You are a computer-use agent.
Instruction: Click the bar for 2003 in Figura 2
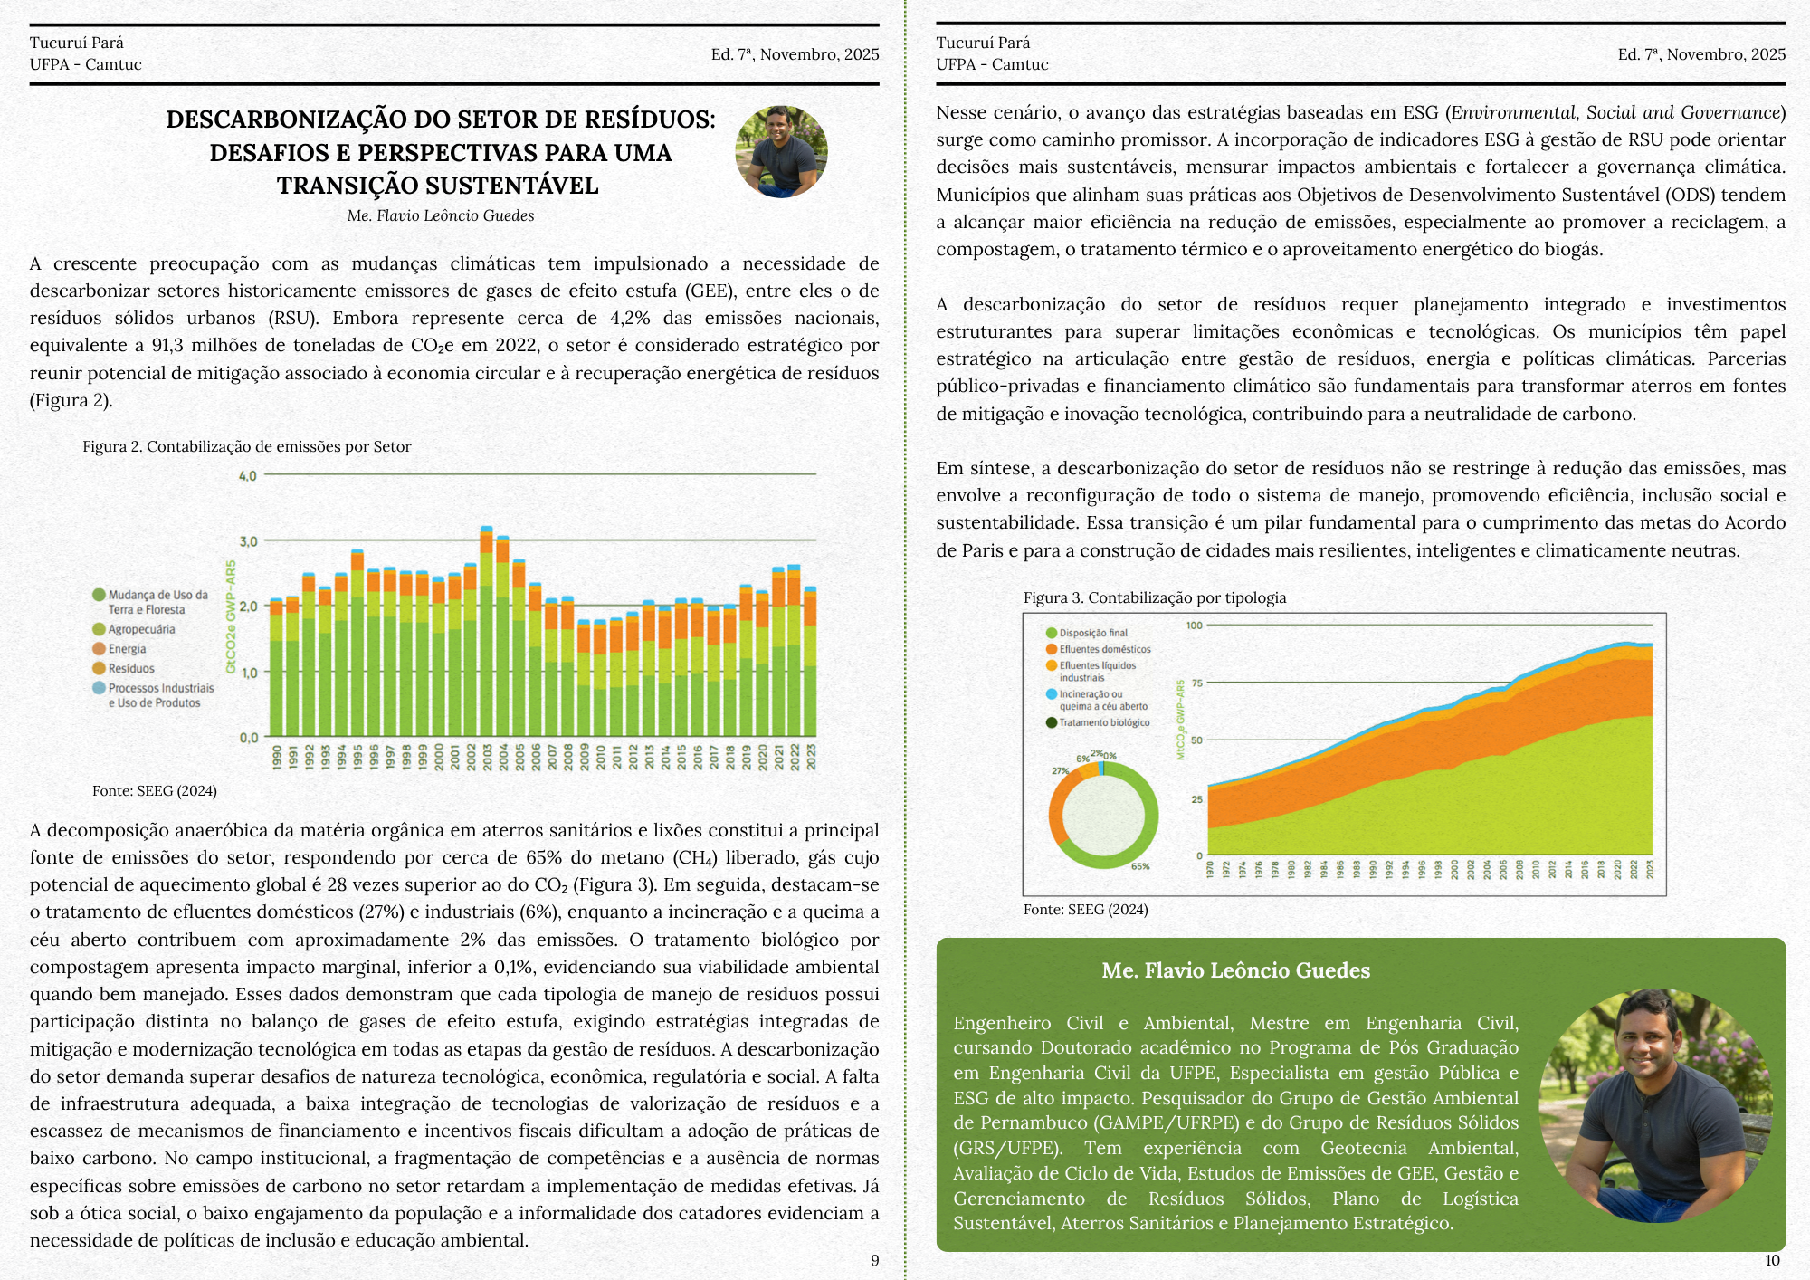(x=486, y=634)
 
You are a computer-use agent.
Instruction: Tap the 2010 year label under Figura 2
(x=601, y=758)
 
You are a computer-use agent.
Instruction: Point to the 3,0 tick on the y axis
(x=248, y=541)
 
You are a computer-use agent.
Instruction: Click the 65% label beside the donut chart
(x=1140, y=866)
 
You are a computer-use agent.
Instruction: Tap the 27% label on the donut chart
(x=1060, y=770)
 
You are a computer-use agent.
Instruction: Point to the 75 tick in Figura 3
(x=1197, y=683)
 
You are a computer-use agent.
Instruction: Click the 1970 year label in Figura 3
(x=1211, y=870)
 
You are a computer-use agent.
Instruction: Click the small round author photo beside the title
(x=781, y=152)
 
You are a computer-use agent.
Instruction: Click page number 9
(x=874, y=1260)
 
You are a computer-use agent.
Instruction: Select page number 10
(x=1772, y=1260)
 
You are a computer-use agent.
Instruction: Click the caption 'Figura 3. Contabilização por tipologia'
(x=1155, y=597)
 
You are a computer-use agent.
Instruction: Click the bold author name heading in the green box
(x=1235, y=970)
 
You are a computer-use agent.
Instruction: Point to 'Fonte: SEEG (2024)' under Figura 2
(x=155, y=790)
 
